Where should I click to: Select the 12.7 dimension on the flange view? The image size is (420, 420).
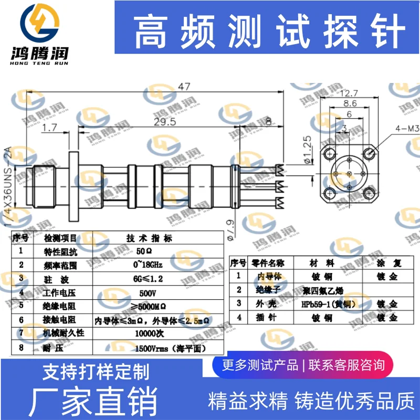348,94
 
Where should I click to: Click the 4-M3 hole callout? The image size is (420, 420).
407,128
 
